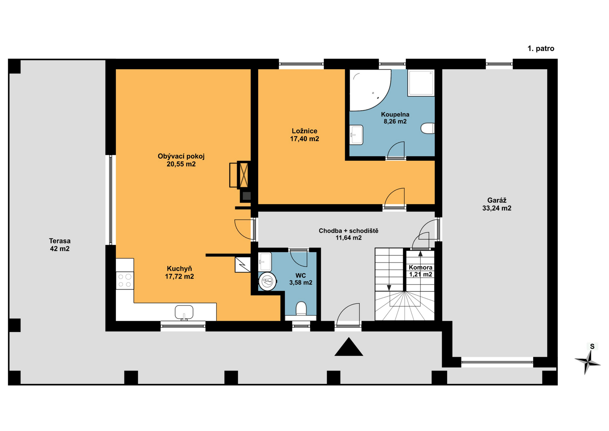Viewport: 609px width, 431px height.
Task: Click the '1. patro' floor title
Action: tap(541, 49)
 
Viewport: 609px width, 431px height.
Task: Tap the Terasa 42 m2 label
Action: tap(60, 245)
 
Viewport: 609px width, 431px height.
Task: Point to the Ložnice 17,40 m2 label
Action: tap(304, 135)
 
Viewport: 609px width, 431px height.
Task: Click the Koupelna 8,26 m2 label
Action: tap(395, 118)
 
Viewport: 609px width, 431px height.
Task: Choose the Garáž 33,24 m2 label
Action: tap(497, 204)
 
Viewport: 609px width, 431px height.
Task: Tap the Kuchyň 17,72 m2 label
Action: tap(179, 272)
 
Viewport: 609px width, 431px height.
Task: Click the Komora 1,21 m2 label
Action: tap(420, 271)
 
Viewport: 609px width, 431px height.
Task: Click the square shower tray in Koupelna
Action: tap(421, 83)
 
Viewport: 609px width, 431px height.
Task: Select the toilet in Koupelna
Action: tap(428, 128)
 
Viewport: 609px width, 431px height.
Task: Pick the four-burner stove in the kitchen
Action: tap(125, 281)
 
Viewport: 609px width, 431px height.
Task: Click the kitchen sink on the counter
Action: tap(184, 312)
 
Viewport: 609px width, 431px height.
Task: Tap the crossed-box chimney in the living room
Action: tap(244, 175)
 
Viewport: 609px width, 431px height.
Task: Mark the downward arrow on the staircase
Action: tap(389, 288)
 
